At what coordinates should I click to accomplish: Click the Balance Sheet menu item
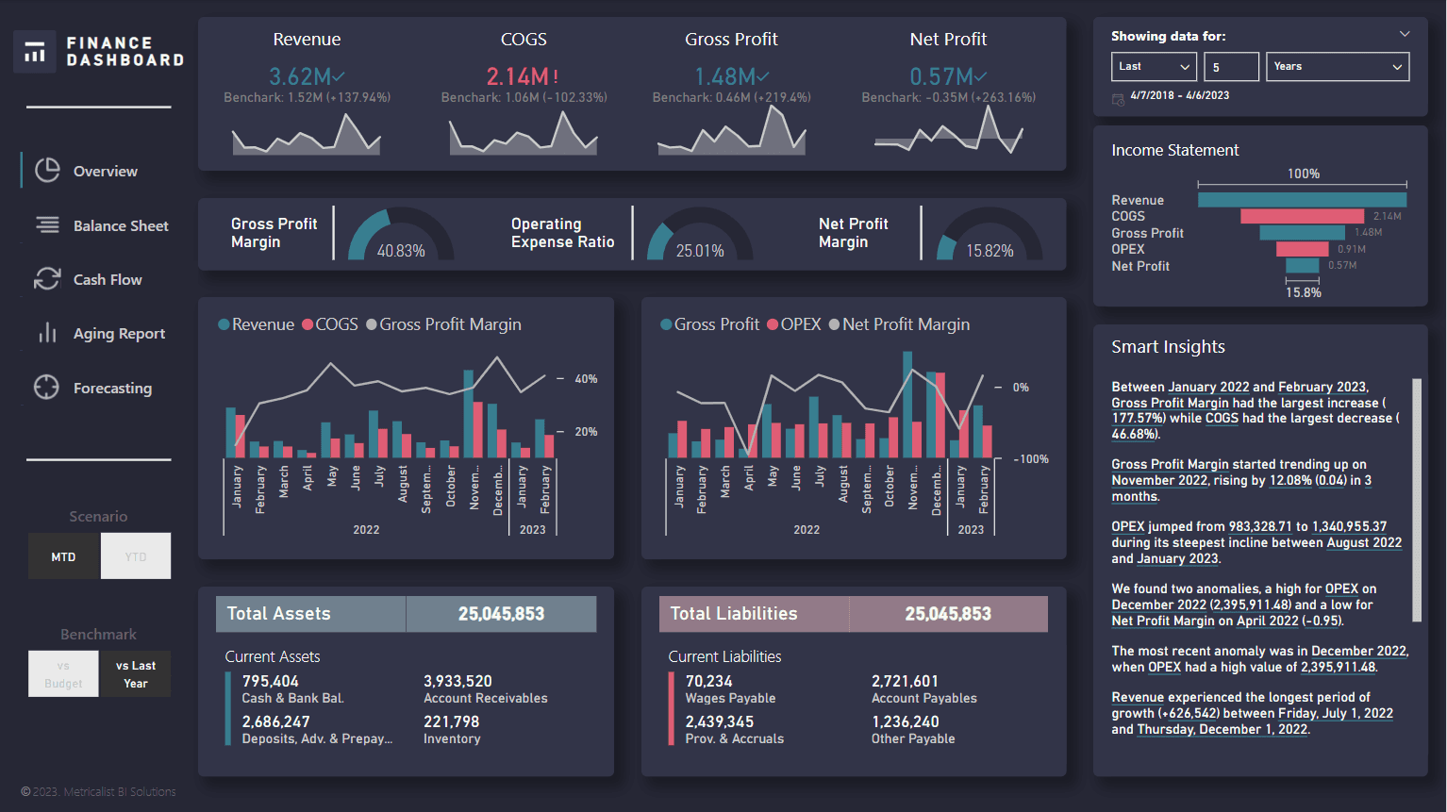click(120, 226)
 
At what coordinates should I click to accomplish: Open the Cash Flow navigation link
click(107, 280)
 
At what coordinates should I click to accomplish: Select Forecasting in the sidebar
click(111, 389)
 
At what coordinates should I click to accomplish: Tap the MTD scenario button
click(63, 556)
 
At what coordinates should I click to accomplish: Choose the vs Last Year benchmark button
click(136, 674)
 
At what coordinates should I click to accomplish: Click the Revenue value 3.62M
click(301, 76)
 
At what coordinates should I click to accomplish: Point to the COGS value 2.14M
click(518, 76)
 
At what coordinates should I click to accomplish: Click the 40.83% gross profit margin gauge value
click(401, 251)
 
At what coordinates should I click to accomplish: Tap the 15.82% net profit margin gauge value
click(990, 251)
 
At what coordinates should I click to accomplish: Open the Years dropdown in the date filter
click(1337, 67)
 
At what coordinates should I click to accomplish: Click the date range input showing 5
click(1231, 67)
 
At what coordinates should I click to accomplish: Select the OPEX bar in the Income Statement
click(1302, 249)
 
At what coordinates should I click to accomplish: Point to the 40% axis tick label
click(586, 379)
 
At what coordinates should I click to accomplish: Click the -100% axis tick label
click(1031, 459)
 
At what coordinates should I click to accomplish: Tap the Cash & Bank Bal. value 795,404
click(270, 681)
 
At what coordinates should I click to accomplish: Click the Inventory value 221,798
click(451, 721)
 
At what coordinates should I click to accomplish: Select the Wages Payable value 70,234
click(708, 681)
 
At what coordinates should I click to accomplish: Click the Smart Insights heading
click(1168, 347)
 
